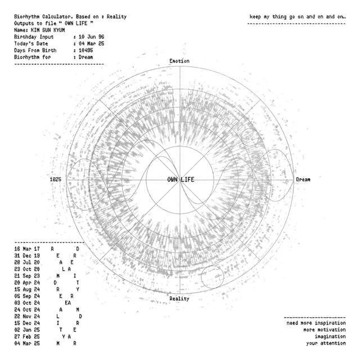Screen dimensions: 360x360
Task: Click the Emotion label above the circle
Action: click(x=179, y=61)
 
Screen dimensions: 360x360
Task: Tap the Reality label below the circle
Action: click(x=179, y=299)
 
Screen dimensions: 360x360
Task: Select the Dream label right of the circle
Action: click(x=303, y=179)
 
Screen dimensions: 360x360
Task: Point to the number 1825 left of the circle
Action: click(x=56, y=179)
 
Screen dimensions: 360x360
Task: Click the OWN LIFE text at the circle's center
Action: click(x=181, y=179)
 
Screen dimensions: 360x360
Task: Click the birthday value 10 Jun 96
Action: click(x=91, y=37)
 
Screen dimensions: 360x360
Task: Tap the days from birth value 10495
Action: click(x=85, y=50)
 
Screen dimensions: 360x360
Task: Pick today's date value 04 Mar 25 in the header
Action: click(x=91, y=44)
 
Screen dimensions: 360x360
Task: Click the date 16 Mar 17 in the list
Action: click(x=27, y=249)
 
